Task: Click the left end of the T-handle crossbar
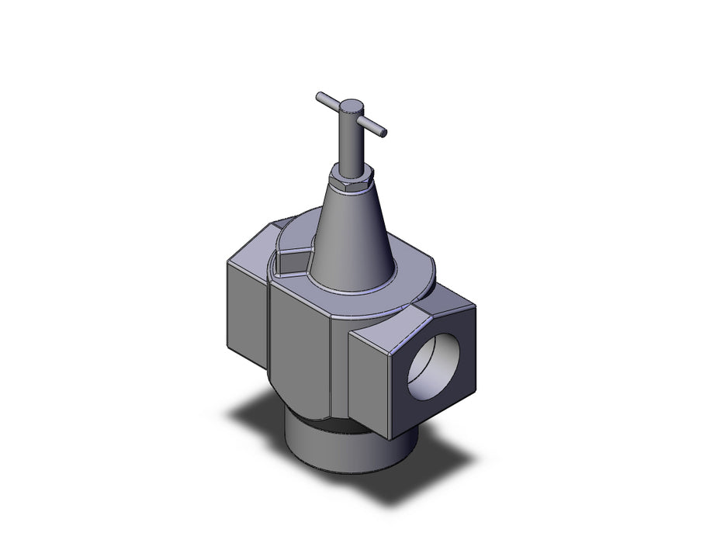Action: pyautogui.click(x=320, y=96)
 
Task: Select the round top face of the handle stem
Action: pyautogui.click(x=352, y=105)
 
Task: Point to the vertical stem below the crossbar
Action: pyautogui.click(x=352, y=144)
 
